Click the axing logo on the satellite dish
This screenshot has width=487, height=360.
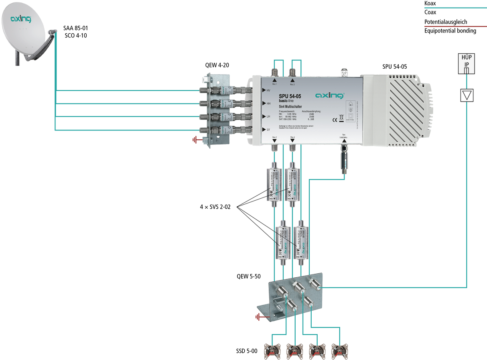(x=20, y=18)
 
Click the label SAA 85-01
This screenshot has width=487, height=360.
(x=75, y=28)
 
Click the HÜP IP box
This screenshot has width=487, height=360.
(x=467, y=64)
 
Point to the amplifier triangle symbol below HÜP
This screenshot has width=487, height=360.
(x=467, y=95)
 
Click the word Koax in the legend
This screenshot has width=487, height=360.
(x=430, y=3)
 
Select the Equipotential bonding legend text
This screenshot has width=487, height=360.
(x=450, y=31)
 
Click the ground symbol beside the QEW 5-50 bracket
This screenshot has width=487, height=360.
(x=258, y=317)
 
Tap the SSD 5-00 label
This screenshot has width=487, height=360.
(x=247, y=351)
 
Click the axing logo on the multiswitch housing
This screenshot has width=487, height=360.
(x=330, y=96)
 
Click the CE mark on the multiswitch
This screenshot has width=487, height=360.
(x=334, y=119)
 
